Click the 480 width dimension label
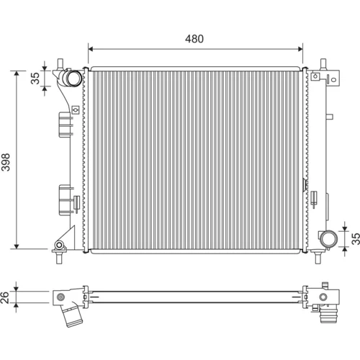tap(194, 39)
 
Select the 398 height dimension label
tap(6, 162)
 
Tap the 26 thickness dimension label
tap(5, 297)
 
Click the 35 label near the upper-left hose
tap(35, 78)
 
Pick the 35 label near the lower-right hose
tap(356, 238)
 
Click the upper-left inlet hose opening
tap(73, 78)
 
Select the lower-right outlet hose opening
tap(329, 239)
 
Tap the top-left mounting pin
tap(60, 64)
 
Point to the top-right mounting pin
tap(323, 64)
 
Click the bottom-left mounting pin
tap(59, 258)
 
